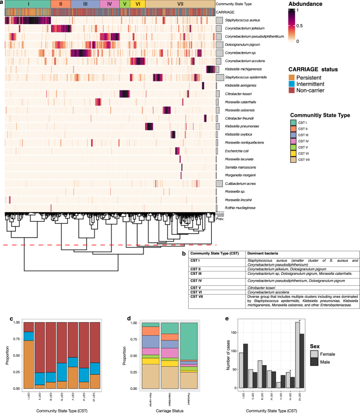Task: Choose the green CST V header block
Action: (x=124, y=4)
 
